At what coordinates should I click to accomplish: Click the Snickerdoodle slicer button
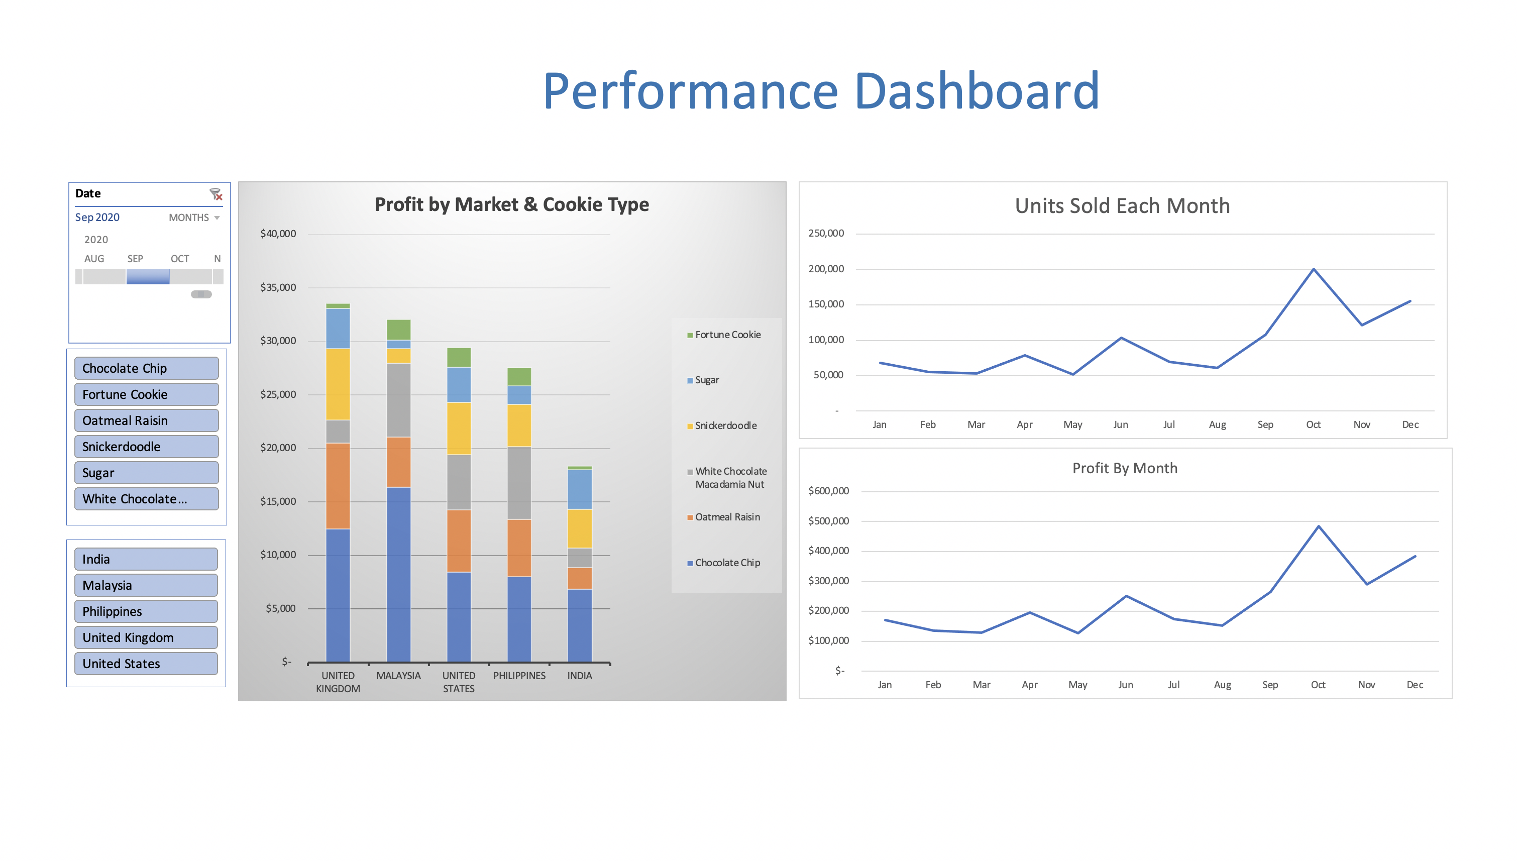146,447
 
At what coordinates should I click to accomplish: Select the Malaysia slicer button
146,585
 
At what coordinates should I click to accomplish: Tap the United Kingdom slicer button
146,637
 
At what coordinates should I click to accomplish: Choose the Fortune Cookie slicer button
146,394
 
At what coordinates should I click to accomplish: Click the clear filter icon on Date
216,194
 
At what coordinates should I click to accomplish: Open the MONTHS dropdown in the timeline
194,218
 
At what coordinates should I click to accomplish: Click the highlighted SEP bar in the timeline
148,277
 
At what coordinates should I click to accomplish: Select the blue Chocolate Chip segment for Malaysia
398,574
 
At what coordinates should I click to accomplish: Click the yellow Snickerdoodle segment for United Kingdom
338,384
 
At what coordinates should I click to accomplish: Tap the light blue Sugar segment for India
579,489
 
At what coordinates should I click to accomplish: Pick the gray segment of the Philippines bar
519,483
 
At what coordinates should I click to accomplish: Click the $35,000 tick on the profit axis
278,287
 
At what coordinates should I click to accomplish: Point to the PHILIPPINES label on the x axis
519,675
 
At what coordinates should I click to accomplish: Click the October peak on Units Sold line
1314,269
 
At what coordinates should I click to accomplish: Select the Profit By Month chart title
1125,468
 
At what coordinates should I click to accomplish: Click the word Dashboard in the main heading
977,91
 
